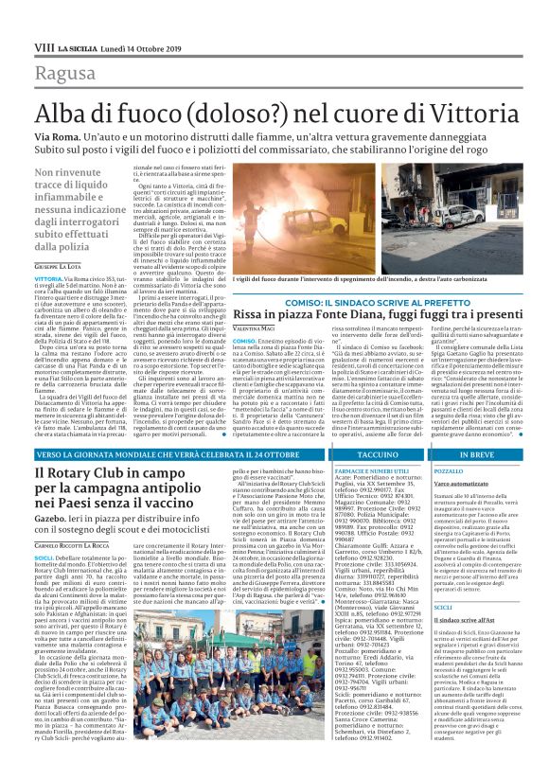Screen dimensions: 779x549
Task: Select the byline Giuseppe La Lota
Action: click(58, 268)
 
